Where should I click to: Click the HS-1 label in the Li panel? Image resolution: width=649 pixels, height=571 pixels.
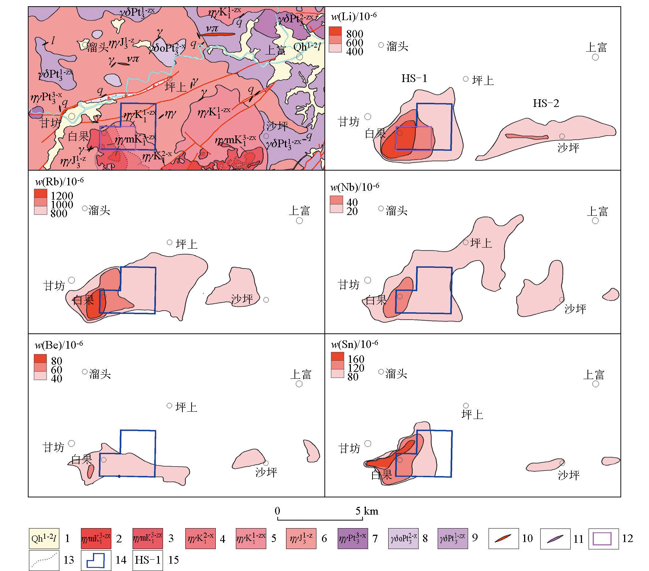point(414,78)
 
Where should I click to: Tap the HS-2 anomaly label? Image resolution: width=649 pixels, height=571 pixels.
point(546,103)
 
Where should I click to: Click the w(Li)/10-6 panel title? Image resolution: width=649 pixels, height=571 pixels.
point(353,16)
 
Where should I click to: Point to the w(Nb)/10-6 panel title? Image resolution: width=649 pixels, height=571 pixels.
point(355,187)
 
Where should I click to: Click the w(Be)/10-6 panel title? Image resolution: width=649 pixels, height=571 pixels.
point(59,345)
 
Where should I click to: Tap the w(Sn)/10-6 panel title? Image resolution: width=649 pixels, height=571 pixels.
point(355,344)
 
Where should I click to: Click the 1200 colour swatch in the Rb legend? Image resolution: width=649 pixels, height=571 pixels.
point(41,193)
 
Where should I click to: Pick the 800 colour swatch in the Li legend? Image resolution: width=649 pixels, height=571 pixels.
point(335,31)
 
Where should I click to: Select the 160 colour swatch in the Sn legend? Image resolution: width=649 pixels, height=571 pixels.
point(337,356)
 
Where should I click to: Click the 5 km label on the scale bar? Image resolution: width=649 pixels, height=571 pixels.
point(367,511)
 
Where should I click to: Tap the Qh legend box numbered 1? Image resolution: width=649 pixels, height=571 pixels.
point(44,538)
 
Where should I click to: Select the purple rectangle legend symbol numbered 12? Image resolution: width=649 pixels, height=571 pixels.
point(604,538)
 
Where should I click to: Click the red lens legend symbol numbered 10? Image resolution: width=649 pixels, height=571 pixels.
point(504,538)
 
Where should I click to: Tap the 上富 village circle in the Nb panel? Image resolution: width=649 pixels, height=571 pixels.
point(595,221)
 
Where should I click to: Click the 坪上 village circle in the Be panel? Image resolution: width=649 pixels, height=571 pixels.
point(170,405)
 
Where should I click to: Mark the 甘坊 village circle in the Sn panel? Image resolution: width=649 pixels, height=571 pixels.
point(368,444)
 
